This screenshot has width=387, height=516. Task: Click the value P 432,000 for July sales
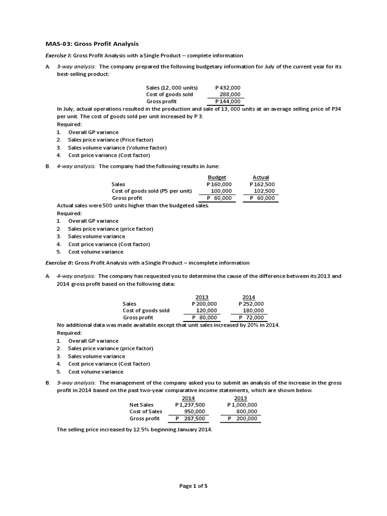(x=228, y=87)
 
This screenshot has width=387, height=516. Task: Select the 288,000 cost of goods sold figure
(x=230, y=94)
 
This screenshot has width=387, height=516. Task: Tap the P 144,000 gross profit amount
(x=228, y=101)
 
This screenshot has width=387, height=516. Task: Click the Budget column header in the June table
(x=217, y=177)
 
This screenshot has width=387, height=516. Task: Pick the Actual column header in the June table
(x=261, y=177)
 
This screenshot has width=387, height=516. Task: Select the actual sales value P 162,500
(x=262, y=184)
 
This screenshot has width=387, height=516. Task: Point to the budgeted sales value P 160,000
(x=219, y=184)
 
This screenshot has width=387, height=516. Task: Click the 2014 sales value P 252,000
(x=251, y=304)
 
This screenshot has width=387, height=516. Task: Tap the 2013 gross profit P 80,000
(x=205, y=317)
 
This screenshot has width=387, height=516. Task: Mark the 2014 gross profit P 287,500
(x=190, y=419)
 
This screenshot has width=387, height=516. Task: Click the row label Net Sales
(x=142, y=405)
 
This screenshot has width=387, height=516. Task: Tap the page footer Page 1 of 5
(x=193, y=486)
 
